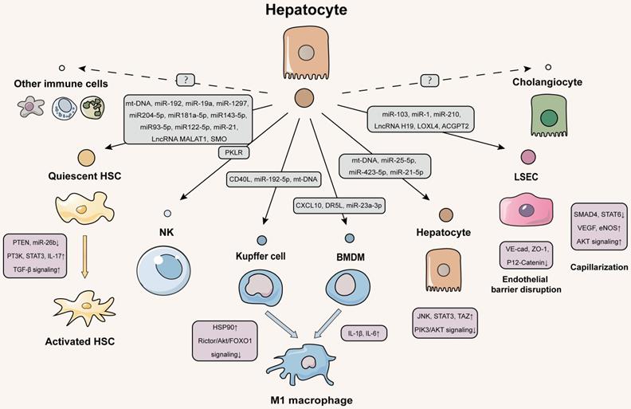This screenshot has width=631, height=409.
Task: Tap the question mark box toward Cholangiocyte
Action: tap(430, 80)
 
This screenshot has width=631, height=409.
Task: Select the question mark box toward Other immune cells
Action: tap(185, 80)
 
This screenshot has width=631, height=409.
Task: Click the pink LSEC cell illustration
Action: tap(527, 213)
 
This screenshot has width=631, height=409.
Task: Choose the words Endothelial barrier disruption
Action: tap(527, 283)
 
